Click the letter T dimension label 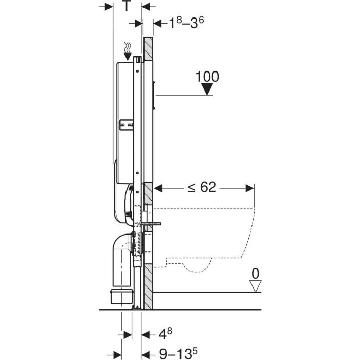[x=127, y=6]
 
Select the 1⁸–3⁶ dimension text [x=186, y=23]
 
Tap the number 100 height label [x=207, y=77]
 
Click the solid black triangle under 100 [x=207, y=89]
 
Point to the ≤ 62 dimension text [x=202, y=187]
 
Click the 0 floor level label [x=255, y=274]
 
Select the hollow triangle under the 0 [x=256, y=286]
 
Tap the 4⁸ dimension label [x=166, y=334]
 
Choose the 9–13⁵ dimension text [x=178, y=354]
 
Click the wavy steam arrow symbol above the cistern [x=128, y=51]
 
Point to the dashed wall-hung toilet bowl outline [x=204, y=239]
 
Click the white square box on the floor [x=121, y=296]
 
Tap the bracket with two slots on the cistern [x=127, y=125]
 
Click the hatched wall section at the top [x=148, y=49]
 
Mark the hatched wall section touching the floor [x=148, y=286]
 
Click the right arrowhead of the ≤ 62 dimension [x=250, y=188]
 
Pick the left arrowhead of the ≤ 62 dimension [x=158, y=188]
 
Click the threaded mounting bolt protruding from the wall [x=151, y=224]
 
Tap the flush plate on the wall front [x=154, y=94]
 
